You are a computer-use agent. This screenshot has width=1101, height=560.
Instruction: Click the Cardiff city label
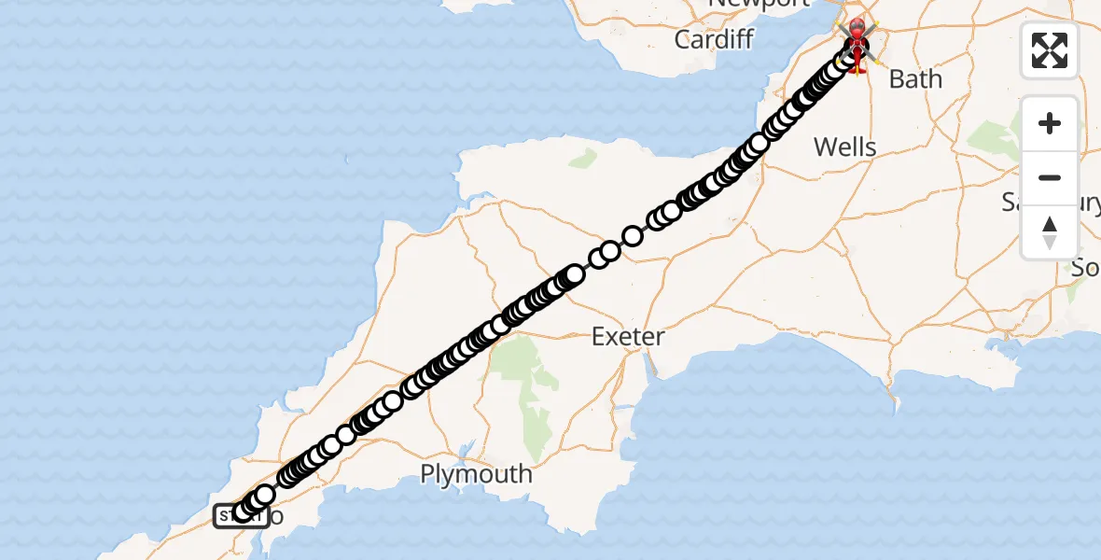713,39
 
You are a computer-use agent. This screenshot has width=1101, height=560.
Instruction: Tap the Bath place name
915,79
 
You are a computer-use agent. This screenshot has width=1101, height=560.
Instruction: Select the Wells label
844,147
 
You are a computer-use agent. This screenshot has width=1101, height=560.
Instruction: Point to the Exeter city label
628,336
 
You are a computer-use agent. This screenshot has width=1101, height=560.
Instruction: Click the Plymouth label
476,474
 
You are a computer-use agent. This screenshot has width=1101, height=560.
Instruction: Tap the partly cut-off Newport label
759,4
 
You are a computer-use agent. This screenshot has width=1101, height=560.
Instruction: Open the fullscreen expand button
1050,50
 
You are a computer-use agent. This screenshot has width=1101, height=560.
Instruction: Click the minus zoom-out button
1050,177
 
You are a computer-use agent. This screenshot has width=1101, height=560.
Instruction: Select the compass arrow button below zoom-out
1050,232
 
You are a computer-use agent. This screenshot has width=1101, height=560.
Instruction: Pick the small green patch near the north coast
582,158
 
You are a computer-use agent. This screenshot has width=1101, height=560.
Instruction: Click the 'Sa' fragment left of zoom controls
1013,202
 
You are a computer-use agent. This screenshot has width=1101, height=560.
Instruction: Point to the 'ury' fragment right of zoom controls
1089,202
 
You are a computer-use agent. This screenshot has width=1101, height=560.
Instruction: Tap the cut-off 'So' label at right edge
1085,268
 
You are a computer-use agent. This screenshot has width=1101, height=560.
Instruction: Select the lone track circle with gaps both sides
632,235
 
